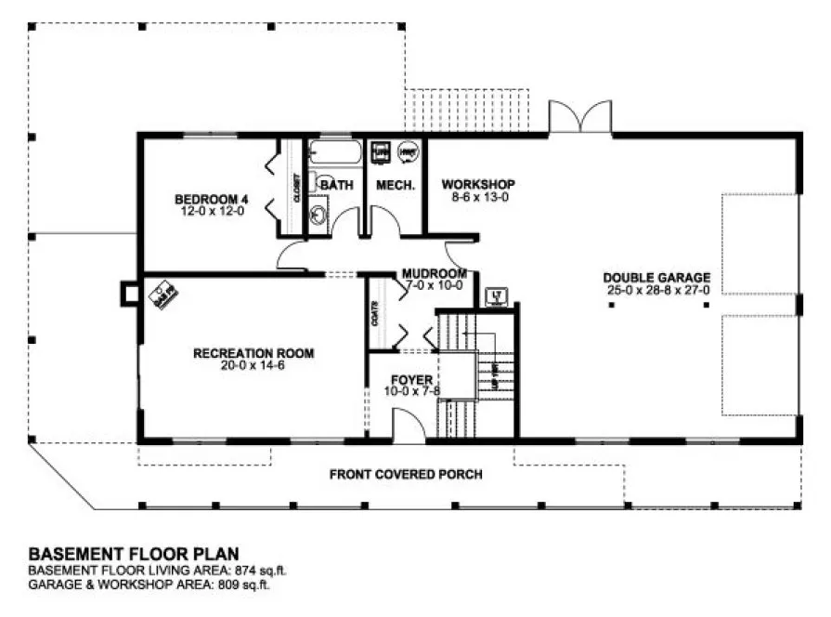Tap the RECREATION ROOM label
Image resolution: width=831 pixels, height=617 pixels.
[253, 353]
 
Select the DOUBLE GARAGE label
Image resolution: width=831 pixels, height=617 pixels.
[656, 277]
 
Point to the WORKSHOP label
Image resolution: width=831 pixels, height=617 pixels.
[477, 184]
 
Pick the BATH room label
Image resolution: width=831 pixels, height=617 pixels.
[337, 185]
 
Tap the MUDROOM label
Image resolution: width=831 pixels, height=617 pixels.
[434, 273]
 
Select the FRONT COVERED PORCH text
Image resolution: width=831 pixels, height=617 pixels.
[406, 475]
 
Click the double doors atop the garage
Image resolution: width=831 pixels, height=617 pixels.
[580, 118]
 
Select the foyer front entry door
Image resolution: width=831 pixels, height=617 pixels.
[406, 426]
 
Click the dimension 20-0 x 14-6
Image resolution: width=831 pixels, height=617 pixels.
[253, 365]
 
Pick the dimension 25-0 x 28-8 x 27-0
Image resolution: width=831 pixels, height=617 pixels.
[656, 289]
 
